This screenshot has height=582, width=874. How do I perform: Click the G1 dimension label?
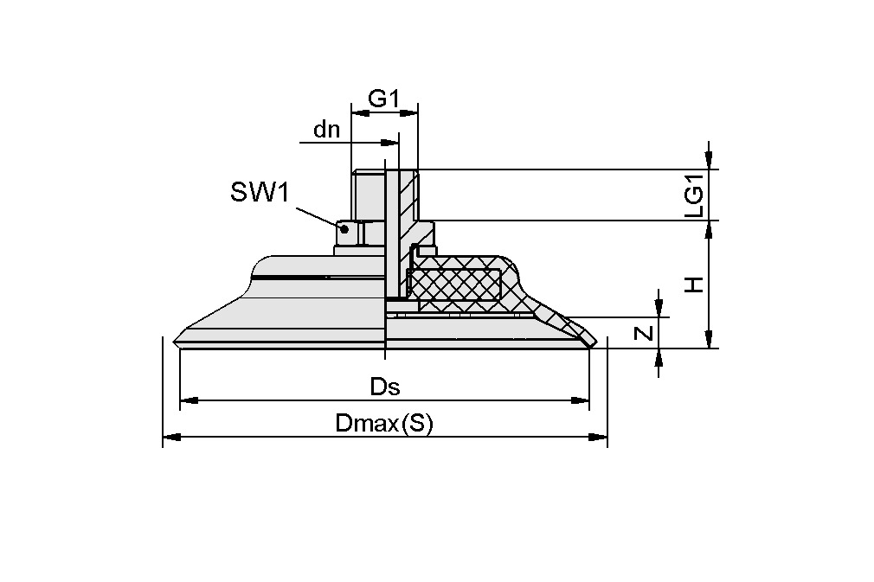(383, 99)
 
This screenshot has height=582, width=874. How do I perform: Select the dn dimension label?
(327, 130)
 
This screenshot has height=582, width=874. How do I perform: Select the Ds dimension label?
(385, 387)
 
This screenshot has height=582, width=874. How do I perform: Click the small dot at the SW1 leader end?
(345, 229)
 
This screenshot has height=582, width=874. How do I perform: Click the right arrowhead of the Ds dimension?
(581, 400)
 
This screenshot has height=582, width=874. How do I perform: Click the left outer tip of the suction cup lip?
(177, 338)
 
